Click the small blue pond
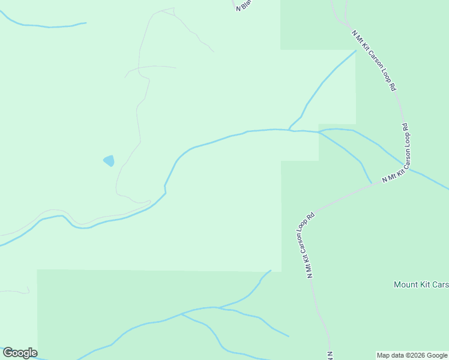point(109,160)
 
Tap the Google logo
point(20,353)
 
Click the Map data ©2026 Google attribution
point(412,355)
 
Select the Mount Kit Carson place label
point(421,284)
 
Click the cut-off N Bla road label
point(241,5)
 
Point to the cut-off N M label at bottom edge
point(330,355)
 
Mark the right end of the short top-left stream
point(86,23)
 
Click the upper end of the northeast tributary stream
point(356,50)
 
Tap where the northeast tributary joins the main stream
point(290,130)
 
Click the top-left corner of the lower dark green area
point(37,270)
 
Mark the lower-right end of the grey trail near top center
point(214,52)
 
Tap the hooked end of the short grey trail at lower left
point(28,292)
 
